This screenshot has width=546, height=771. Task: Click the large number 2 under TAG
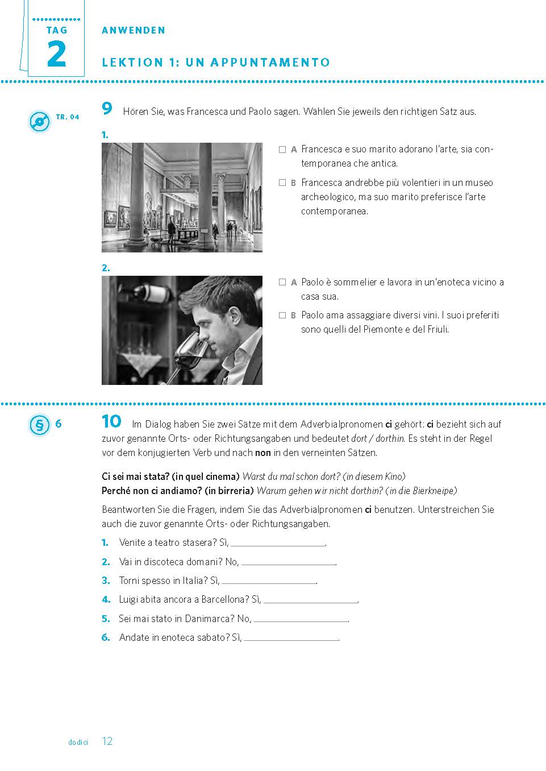pyautogui.click(x=56, y=55)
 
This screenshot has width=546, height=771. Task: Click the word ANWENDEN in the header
pyautogui.click(x=134, y=31)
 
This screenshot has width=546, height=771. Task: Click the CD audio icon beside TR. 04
pyautogui.click(x=39, y=122)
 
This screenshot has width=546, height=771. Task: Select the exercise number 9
pyautogui.click(x=107, y=109)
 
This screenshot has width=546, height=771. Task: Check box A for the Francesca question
pyautogui.click(x=282, y=150)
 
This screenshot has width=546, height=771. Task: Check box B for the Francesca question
pyautogui.click(x=282, y=183)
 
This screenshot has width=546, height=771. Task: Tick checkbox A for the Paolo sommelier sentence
pyautogui.click(x=282, y=282)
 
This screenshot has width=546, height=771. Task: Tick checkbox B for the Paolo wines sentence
pyautogui.click(x=282, y=315)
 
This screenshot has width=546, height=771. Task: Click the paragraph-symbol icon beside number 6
pyautogui.click(x=39, y=425)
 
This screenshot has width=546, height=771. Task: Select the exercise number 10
pyautogui.click(x=111, y=421)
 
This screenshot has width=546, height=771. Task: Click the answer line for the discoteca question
pyautogui.click(x=288, y=563)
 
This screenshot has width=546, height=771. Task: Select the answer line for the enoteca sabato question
pyautogui.click(x=290, y=639)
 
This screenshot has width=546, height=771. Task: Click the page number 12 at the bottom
pyautogui.click(x=107, y=741)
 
